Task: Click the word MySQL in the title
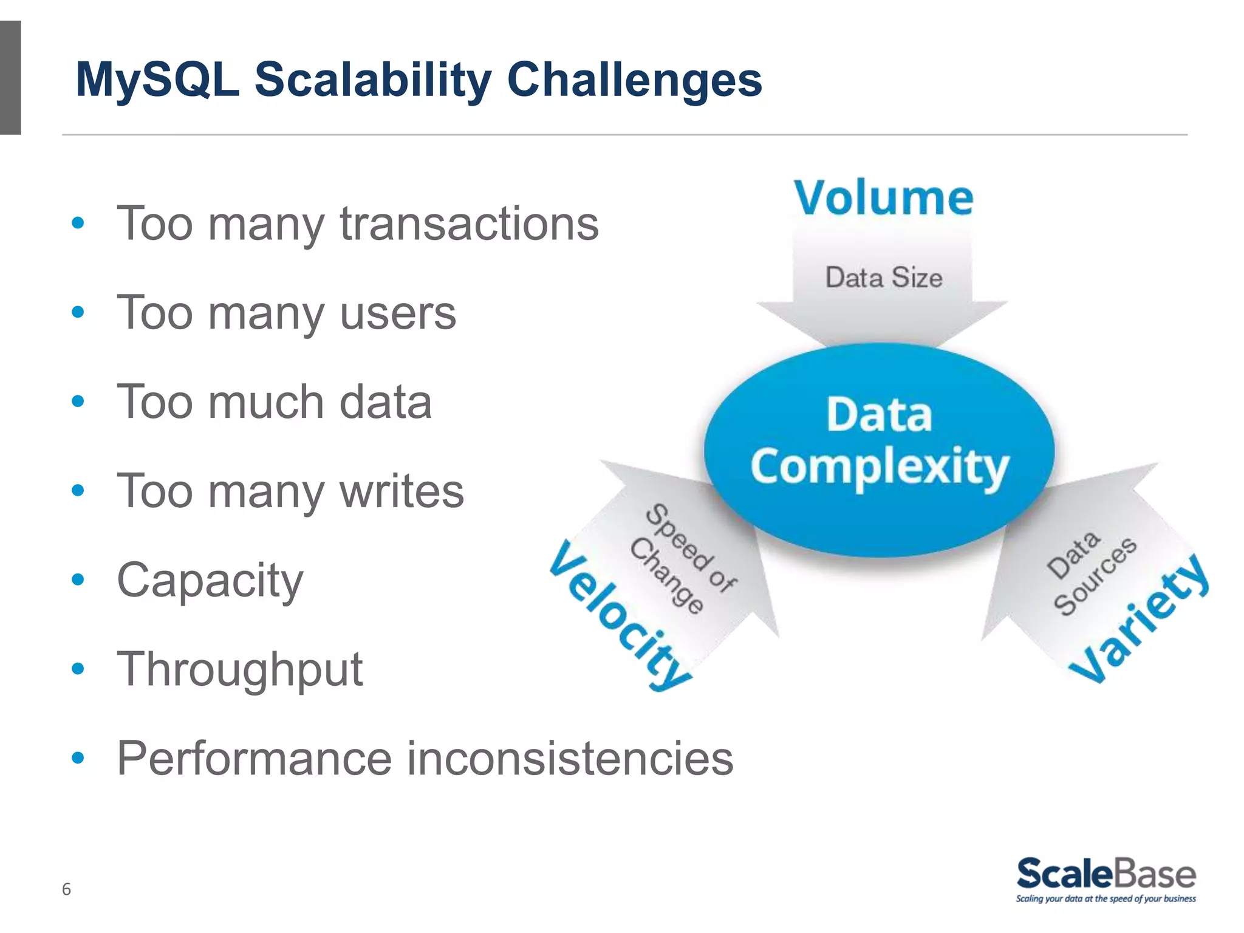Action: pos(157,80)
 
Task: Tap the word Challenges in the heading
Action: pos(634,80)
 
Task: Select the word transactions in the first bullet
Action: pos(469,224)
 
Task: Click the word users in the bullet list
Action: pos(398,313)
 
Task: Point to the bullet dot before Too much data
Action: pos(78,402)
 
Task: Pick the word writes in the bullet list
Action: pos(402,491)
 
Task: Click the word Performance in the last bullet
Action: pos(255,759)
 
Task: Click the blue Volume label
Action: pos(884,198)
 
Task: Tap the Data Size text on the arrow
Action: pos(884,278)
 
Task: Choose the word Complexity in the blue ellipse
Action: pos(879,467)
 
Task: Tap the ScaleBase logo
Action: pos(1106,873)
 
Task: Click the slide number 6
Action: pos(66,889)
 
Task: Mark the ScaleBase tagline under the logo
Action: pos(1106,899)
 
